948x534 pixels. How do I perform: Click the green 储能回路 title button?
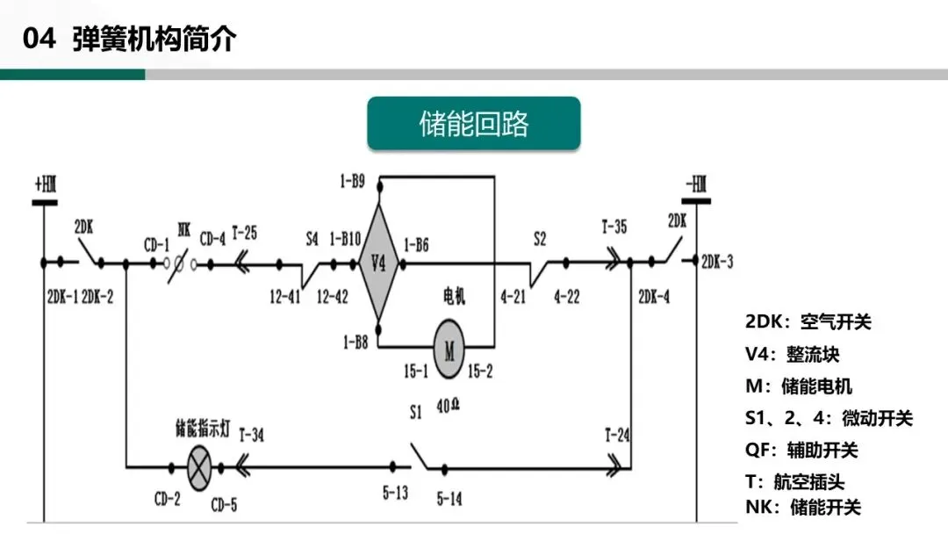(473, 124)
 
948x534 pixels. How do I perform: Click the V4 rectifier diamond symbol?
(379, 262)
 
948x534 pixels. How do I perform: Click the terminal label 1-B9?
(355, 182)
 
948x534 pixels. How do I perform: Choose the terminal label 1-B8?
(355, 339)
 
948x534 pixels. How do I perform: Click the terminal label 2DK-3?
(718, 262)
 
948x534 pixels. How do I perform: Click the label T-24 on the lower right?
(618, 434)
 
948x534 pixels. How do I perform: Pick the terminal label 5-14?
(449, 499)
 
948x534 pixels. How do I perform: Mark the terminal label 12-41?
(285, 297)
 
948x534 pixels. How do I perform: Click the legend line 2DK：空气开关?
(808, 321)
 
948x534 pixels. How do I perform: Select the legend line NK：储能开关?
(802, 507)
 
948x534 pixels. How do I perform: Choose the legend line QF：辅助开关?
(801, 451)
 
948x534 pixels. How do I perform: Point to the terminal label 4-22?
(566, 297)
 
